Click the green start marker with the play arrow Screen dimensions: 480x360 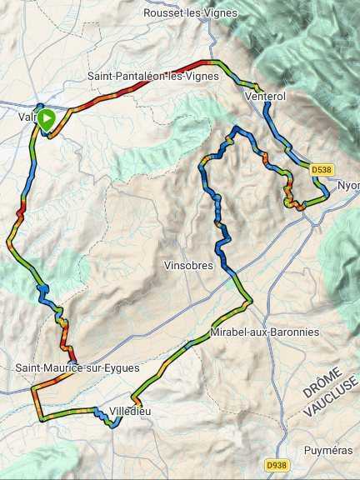47,119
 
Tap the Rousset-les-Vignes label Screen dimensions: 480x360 190,13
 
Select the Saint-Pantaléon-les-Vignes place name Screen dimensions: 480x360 153,76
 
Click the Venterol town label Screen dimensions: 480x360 266,97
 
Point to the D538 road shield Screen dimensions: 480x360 321,169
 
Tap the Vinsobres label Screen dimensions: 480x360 190,266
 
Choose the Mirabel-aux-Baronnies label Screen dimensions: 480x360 265,332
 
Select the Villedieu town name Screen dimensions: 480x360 132,411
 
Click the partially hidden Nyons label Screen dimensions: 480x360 347,186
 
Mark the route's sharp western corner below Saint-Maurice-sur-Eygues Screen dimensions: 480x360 32,389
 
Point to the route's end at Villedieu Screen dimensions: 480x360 117,422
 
